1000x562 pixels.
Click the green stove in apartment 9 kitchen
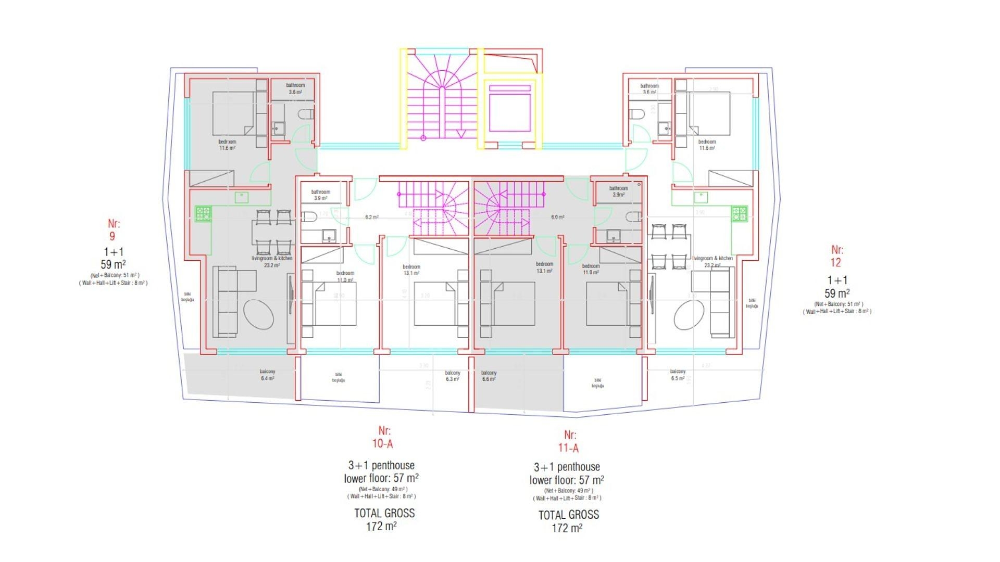point(203,213)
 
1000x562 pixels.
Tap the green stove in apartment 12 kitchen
point(739,213)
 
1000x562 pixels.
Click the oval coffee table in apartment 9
point(258,314)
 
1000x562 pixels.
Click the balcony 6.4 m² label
point(268,375)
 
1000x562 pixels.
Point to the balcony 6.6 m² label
point(489,376)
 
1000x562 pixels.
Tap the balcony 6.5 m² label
point(678,375)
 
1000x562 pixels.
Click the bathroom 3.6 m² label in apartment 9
point(295,88)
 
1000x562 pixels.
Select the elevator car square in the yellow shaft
point(510,112)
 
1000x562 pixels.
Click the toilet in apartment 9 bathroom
point(306,114)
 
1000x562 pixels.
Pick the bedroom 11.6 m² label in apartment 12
point(707,145)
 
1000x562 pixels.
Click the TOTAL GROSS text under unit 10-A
point(384,513)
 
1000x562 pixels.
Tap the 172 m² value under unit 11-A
point(567,528)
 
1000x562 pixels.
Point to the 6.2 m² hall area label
point(371,217)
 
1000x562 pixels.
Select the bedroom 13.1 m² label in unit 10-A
point(411,270)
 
